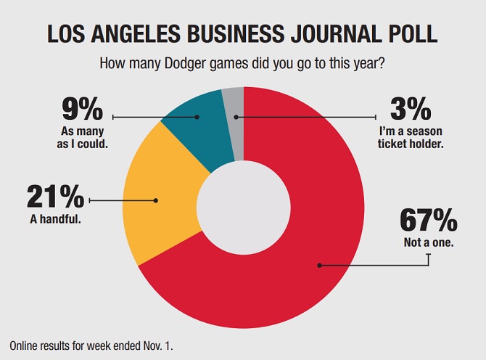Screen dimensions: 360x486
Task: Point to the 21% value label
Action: pyautogui.click(x=55, y=197)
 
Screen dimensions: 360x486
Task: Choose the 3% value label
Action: pyautogui.click(x=411, y=112)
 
